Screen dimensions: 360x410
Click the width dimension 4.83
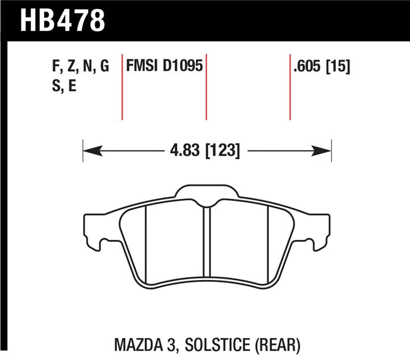tap(181, 151)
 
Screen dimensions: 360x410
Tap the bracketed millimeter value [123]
tap(222, 151)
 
